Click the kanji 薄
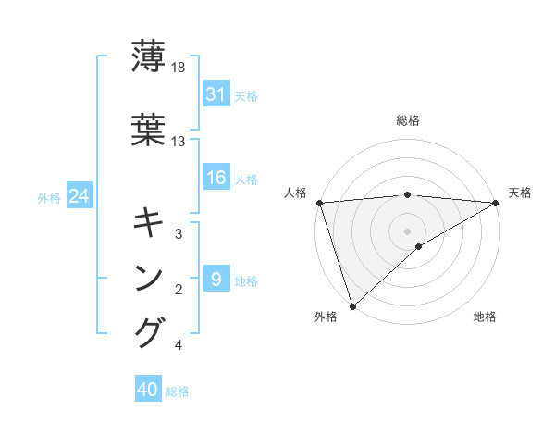click(x=149, y=56)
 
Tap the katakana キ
click(x=149, y=221)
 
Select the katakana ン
click(x=149, y=278)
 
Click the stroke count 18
click(x=179, y=68)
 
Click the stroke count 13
click(x=179, y=142)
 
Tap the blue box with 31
click(x=216, y=94)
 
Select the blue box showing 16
click(x=216, y=179)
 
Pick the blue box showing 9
click(x=216, y=280)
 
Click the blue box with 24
click(x=79, y=196)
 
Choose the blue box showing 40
click(x=148, y=391)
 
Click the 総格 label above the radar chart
click(x=408, y=120)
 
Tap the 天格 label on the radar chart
click(x=520, y=193)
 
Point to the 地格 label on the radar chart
click(x=485, y=317)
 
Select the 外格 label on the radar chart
click(x=326, y=317)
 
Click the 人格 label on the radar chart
click(x=297, y=193)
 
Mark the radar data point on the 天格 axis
click(x=497, y=203)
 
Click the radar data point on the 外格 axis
click(x=352, y=305)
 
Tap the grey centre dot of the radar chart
click(x=407, y=230)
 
